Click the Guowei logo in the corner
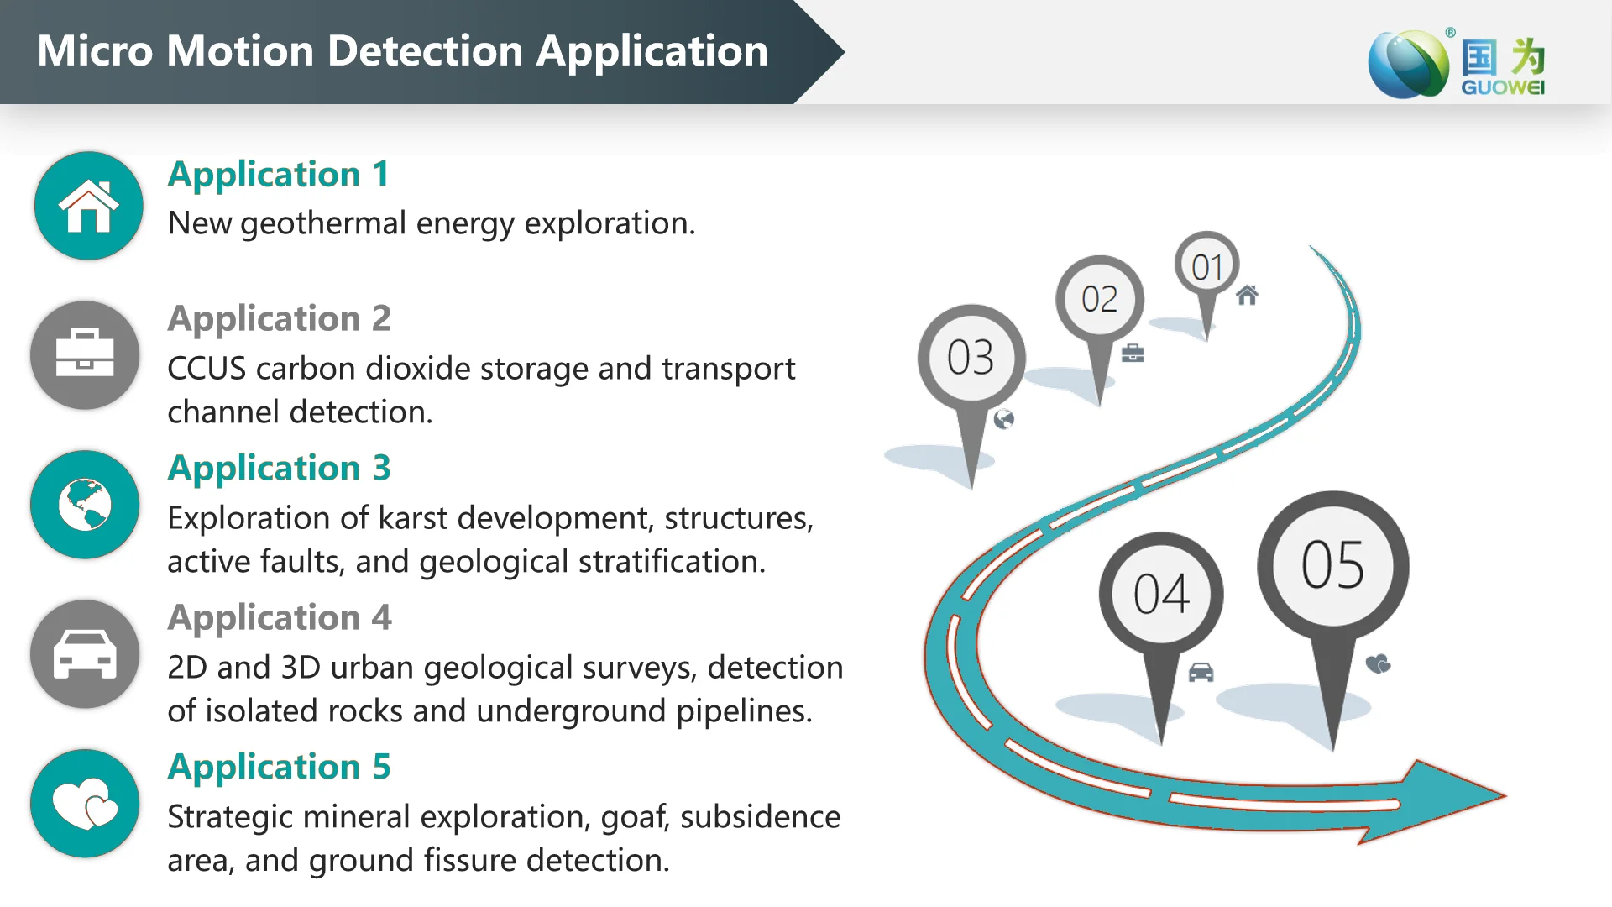(x=1457, y=64)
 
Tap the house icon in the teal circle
(x=88, y=207)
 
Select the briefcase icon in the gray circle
(x=85, y=354)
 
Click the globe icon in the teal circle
(x=85, y=505)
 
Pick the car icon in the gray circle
(x=85, y=653)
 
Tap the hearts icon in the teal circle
(x=85, y=804)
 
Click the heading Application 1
(x=279, y=175)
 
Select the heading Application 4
(x=280, y=618)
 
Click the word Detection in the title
(x=426, y=51)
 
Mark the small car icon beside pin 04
(x=1201, y=673)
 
